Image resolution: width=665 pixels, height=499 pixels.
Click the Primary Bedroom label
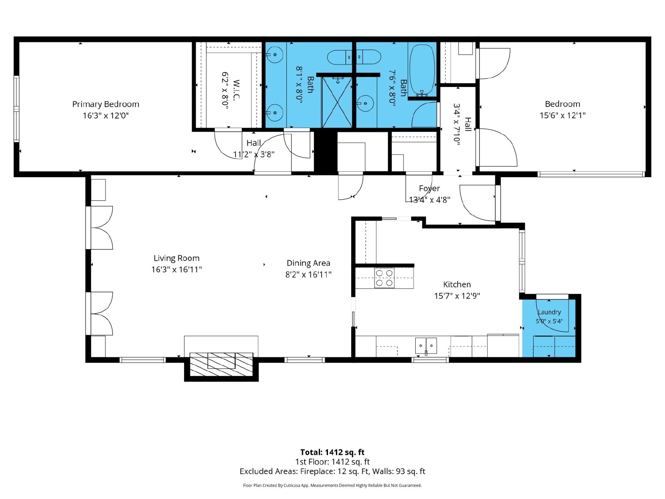click(106, 104)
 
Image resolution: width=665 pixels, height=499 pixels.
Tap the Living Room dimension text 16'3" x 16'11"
click(177, 269)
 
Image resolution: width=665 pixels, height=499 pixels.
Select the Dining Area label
click(308, 263)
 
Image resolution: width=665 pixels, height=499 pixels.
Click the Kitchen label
click(457, 284)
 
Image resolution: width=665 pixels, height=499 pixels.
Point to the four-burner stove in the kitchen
click(384, 278)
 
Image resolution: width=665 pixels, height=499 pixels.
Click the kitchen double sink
click(426, 346)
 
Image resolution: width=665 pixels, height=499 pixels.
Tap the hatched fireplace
click(222, 364)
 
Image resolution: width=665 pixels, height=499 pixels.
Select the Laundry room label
click(549, 312)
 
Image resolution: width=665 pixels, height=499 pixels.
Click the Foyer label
click(429, 188)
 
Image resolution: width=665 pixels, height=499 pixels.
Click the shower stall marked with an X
click(337, 102)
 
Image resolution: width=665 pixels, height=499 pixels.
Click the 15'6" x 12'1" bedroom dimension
click(563, 116)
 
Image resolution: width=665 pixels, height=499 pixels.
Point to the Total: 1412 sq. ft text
click(332, 452)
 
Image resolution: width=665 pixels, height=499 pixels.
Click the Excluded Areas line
click(332, 472)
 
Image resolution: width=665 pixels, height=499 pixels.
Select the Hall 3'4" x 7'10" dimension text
click(457, 124)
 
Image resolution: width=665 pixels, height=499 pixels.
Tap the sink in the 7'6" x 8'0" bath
click(365, 104)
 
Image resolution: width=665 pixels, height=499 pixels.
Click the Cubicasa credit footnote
click(332, 485)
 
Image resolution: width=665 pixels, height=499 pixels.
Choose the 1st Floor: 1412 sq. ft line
click(332, 462)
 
